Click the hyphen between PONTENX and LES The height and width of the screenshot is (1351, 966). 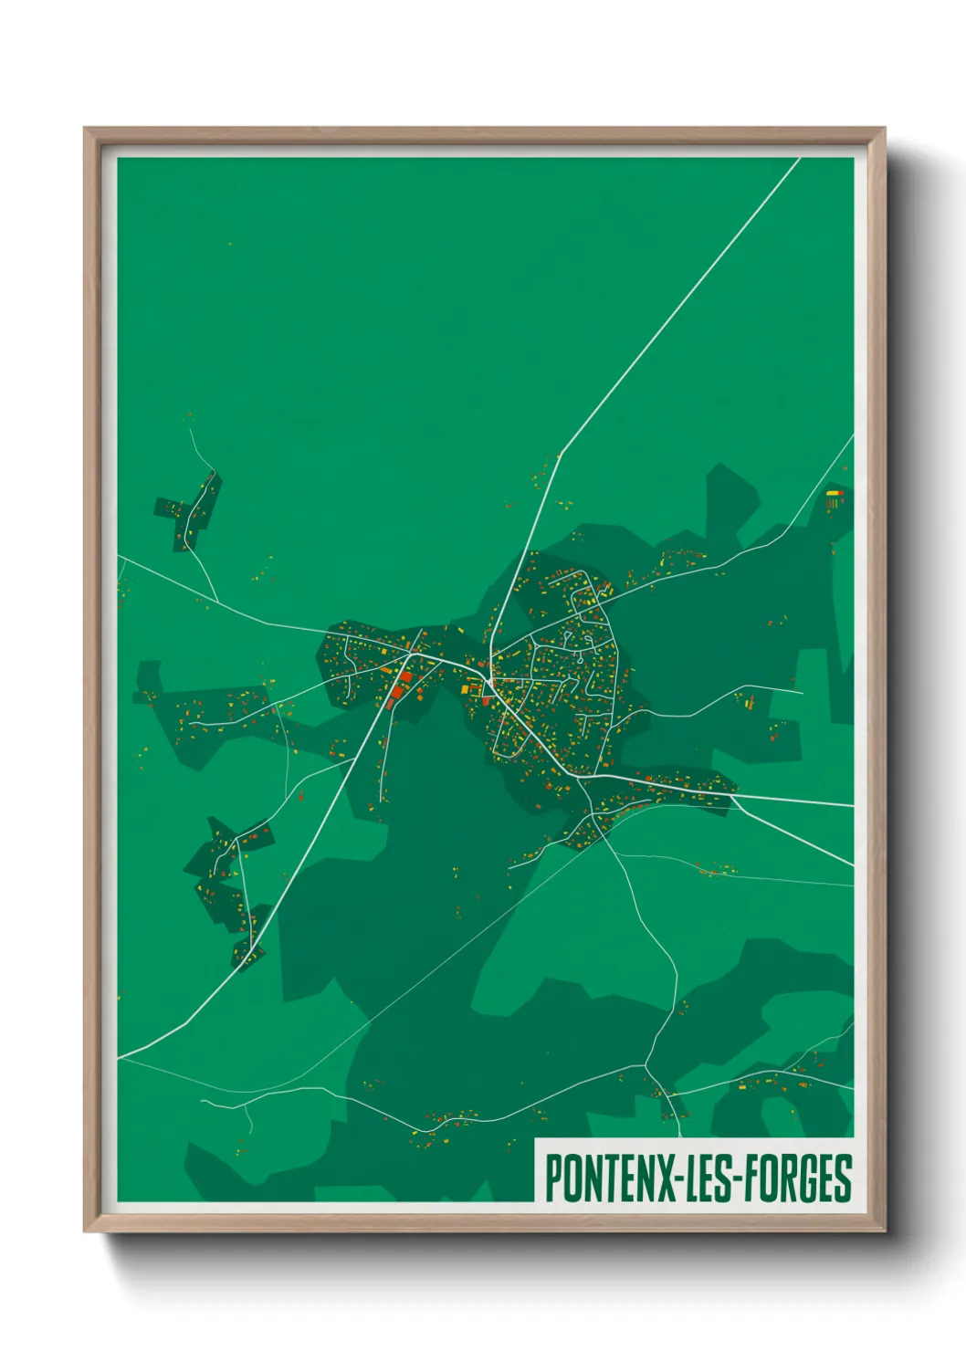(x=681, y=1179)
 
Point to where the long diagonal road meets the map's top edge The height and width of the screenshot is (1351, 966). (x=800, y=159)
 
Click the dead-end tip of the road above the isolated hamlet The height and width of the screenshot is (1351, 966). (x=189, y=427)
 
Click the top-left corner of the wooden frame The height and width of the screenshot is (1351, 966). (x=85, y=129)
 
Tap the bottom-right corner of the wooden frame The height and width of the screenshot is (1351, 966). (x=884, y=1231)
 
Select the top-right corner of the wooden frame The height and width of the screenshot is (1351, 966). (x=884, y=129)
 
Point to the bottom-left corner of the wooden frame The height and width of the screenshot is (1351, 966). (x=85, y=1231)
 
